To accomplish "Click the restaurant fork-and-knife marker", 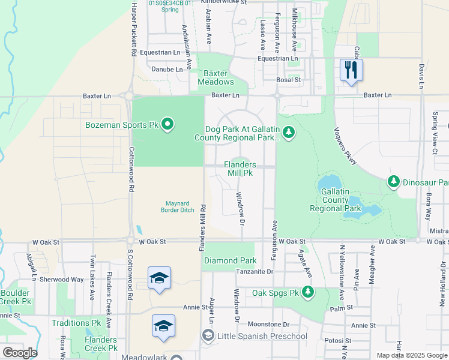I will (x=351, y=70).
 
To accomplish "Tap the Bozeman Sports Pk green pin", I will (x=167, y=125).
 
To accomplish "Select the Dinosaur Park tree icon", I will (x=393, y=181).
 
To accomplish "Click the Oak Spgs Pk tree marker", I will (x=308, y=292).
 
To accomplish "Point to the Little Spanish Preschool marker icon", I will (x=208, y=336).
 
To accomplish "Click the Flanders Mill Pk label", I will (x=240, y=169).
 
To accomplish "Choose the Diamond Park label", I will (x=231, y=260).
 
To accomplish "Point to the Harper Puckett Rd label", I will (x=134, y=29).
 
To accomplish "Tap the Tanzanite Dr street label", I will (x=255, y=272).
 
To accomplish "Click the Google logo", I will (x=19, y=353).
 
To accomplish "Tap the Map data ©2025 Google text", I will (x=411, y=355).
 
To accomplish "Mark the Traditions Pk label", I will (x=76, y=323).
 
